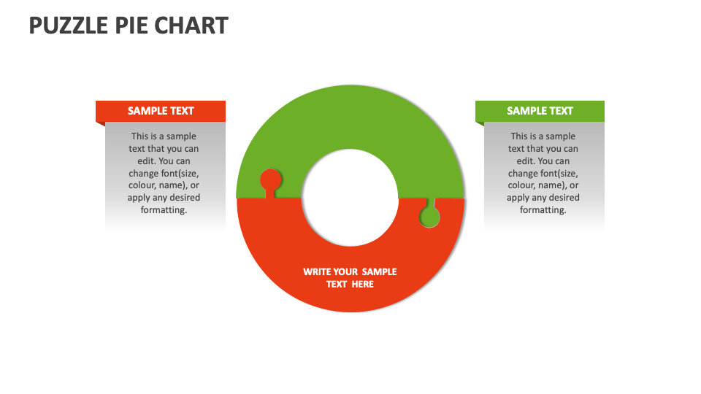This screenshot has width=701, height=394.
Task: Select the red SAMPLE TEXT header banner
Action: click(x=161, y=111)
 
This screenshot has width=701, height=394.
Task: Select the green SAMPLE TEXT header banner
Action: click(x=540, y=111)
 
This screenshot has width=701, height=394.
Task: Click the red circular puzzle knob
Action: click(x=270, y=179)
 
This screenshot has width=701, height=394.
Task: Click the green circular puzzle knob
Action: click(x=429, y=217)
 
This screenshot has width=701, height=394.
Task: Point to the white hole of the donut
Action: click(x=350, y=198)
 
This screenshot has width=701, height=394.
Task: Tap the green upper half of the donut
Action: click(x=350, y=117)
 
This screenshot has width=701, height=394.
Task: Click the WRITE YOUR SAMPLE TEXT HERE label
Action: click(x=350, y=277)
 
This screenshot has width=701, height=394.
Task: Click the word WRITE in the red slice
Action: click(x=318, y=271)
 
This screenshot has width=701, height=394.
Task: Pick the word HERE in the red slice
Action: click(x=362, y=284)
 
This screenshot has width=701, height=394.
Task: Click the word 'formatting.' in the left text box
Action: click(x=164, y=210)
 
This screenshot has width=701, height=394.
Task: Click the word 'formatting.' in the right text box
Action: click(x=543, y=210)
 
